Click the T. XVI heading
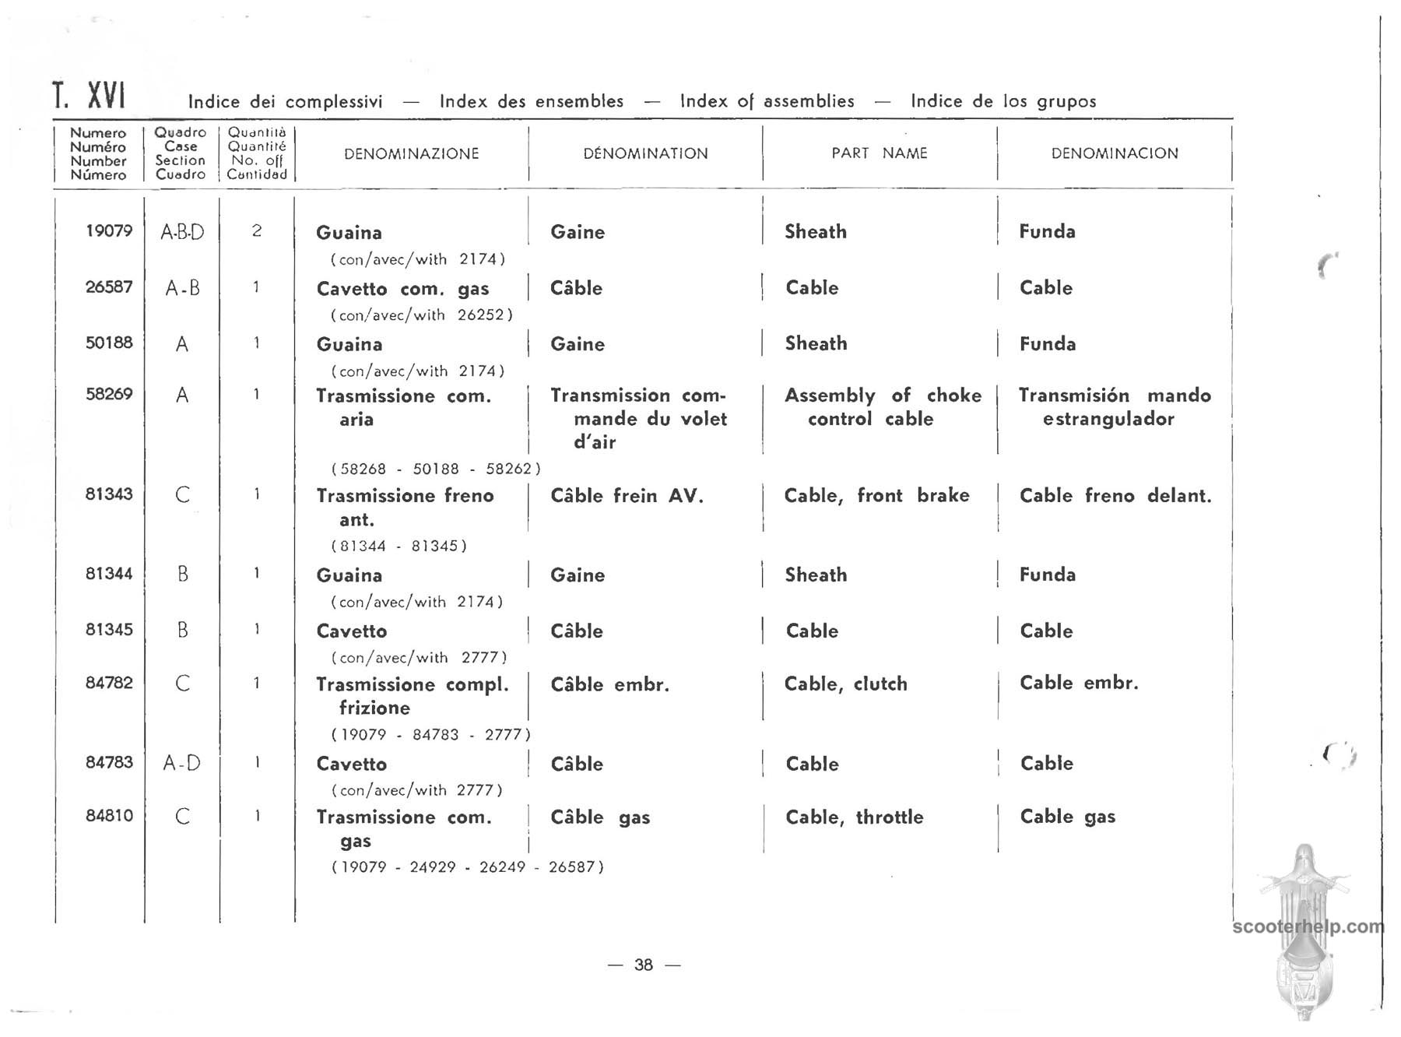[x=89, y=97]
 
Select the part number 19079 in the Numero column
[x=109, y=230]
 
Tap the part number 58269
[x=109, y=394]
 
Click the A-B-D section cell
[x=182, y=232]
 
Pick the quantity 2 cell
[x=257, y=231]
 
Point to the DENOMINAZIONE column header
[x=411, y=153]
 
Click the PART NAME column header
[x=880, y=153]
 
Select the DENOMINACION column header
[x=1115, y=153]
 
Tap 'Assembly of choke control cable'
[x=882, y=407]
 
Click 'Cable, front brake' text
[x=876, y=495]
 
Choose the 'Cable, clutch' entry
[x=845, y=684]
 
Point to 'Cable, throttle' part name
[x=854, y=817]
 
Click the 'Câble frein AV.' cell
[x=627, y=496]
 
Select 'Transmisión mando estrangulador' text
[x=1115, y=407]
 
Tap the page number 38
[x=644, y=965]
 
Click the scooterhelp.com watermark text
[x=1308, y=926]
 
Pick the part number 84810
[x=109, y=815]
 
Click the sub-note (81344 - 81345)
[x=399, y=546]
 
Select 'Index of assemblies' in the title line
[x=767, y=101]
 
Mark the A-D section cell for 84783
[x=182, y=763]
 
